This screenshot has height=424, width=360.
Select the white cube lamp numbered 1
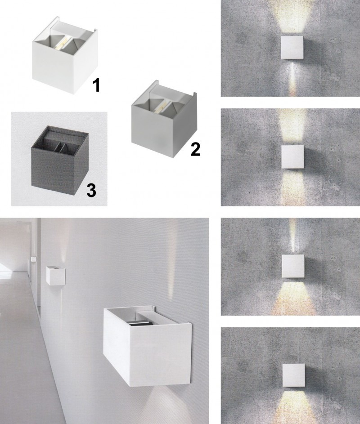[x=64, y=55]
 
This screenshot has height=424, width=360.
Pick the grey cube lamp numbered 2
[x=163, y=119]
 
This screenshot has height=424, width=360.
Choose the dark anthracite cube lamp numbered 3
[x=59, y=156]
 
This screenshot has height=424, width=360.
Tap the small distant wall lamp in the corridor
[x=55, y=275]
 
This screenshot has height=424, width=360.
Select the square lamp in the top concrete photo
[x=292, y=48]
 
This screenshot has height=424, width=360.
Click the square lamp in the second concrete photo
[x=293, y=157]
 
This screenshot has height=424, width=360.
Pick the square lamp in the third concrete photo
[x=293, y=266]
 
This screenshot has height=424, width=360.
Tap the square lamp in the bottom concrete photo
[x=294, y=375]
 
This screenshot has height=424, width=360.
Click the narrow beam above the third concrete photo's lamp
[x=292, y=236]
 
